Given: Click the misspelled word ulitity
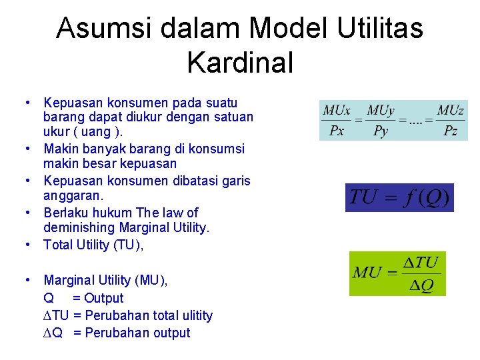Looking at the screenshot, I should pos(192,315).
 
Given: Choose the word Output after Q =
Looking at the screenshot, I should pos(103,298).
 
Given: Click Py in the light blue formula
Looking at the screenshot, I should pos(381,131).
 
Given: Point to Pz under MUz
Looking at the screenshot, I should pos(451,131).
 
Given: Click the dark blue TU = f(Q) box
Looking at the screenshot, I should pos(399,197).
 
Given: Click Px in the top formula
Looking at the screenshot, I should pos(337,131).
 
